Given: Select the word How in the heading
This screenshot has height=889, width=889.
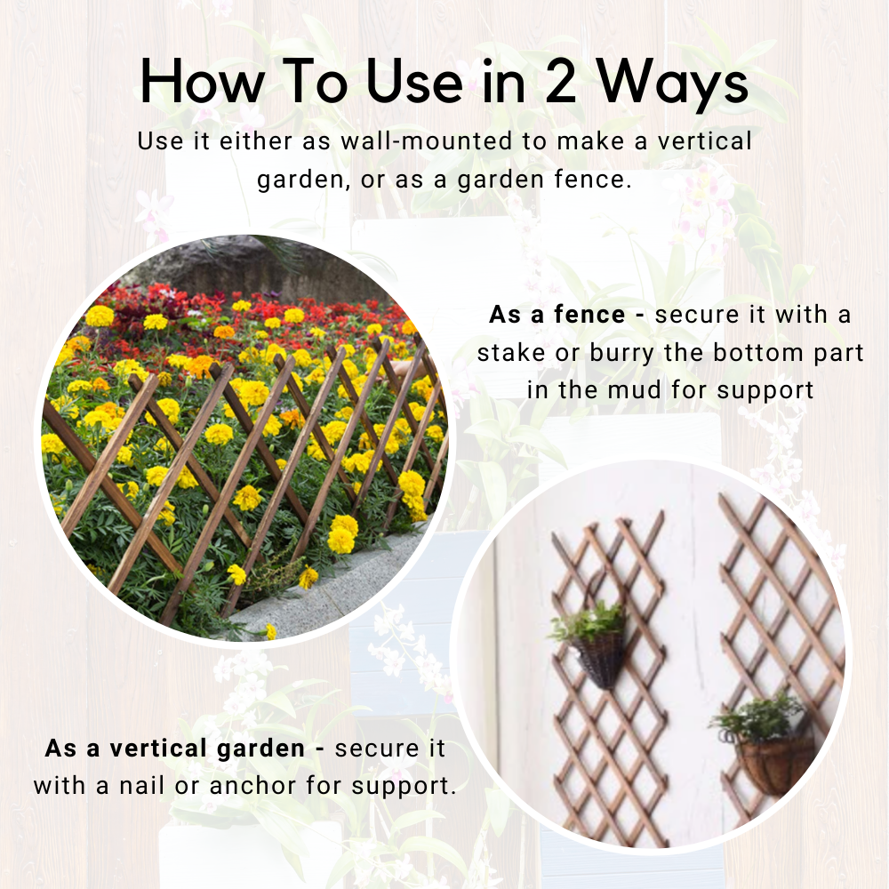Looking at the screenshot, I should click(202, 84).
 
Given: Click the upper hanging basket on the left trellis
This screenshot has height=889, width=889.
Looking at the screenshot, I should click(600, 658).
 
